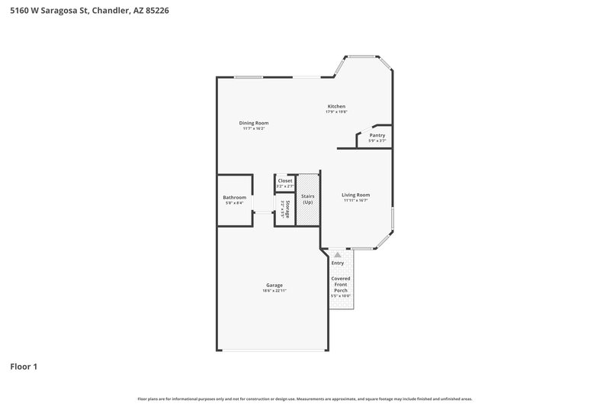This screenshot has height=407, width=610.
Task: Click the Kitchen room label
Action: click(x=336, y=106)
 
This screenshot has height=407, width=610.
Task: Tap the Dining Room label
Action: click(x=254, y=123)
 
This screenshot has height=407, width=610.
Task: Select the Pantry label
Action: click(x=377, y=135)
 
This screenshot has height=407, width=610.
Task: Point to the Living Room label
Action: click(x=355, y=195)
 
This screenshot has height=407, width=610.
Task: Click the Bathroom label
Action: click(x=234, y=198)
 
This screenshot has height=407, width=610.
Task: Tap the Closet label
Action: click(x=284, y=180)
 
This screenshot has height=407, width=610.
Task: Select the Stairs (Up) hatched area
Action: click(x=308, y=199)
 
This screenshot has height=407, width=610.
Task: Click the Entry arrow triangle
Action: click(x=338, y=254)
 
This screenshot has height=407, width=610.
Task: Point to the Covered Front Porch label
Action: click(x=341, y=284)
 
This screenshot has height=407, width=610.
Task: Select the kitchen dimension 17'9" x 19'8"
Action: click(x=336, y=112)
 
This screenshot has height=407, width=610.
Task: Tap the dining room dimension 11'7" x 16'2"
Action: click(x=254, y=129)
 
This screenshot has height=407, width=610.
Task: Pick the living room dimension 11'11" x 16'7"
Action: click(x=355, y=201)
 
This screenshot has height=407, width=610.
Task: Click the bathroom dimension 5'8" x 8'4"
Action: click(x=234, y=203)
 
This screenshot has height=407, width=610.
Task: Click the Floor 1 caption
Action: click(x=24, y=367)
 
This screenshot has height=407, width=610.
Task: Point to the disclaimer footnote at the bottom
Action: click(x=305, y=399)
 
